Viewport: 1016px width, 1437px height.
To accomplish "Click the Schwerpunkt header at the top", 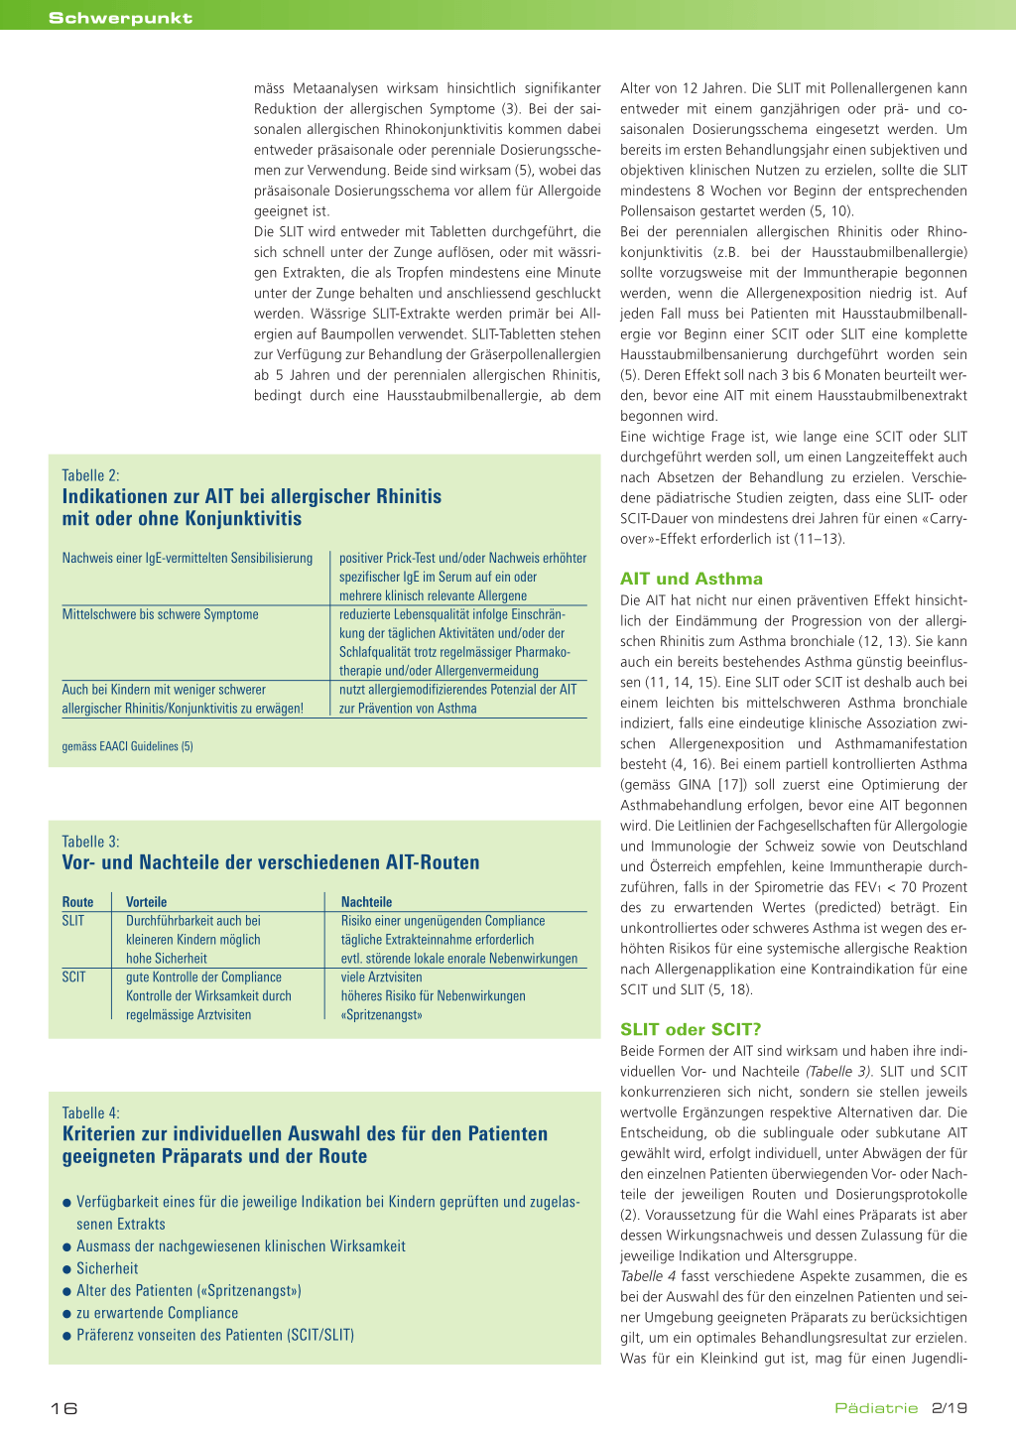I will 120,18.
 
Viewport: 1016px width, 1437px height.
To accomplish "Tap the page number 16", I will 63,1408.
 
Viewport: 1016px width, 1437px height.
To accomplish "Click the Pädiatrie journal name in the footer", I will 876,1408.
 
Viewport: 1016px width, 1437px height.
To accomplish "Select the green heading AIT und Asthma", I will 692,579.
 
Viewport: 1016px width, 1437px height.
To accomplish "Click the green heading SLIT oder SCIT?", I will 691,1029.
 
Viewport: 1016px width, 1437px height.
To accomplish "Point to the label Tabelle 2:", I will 90,475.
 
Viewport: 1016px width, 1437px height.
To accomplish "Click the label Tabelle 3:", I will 90,842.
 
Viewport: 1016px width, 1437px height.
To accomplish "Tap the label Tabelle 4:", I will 90,1112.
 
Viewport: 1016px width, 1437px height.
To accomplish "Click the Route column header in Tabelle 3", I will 77,902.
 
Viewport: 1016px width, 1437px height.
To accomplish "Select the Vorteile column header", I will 146,902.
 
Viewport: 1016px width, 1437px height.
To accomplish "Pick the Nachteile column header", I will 366,902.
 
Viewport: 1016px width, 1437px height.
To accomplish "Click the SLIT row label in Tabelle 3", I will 73,921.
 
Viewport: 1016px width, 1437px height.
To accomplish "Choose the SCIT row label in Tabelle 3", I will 73,978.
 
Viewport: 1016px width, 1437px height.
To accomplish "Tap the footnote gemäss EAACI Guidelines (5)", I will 127,746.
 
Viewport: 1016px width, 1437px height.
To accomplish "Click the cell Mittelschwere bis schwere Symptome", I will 160,614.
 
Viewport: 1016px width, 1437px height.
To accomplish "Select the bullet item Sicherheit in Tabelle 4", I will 107,1268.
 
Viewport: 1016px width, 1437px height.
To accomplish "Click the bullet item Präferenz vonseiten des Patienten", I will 214,1335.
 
